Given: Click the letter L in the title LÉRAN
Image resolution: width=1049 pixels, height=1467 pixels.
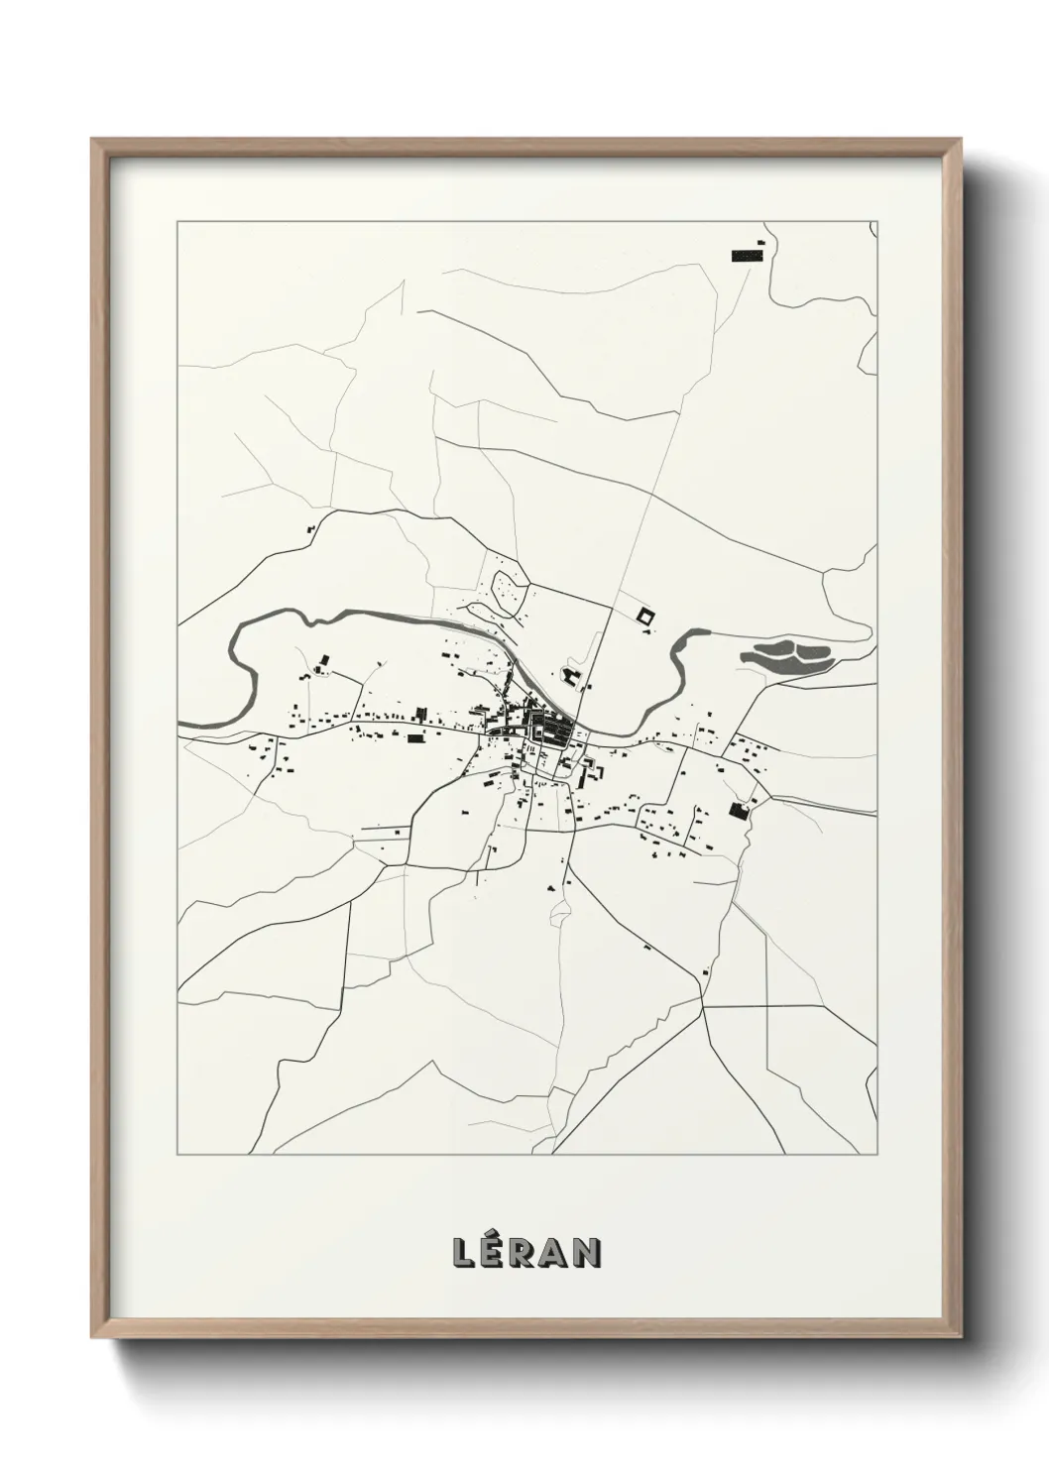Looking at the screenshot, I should (463, 1254).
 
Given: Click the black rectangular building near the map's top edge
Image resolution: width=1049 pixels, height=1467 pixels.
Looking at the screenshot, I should (747, 256).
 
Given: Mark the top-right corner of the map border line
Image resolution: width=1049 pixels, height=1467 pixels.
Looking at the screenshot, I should (876, 222).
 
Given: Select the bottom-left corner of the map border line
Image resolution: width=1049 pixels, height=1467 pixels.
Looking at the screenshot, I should (177, 1154).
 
